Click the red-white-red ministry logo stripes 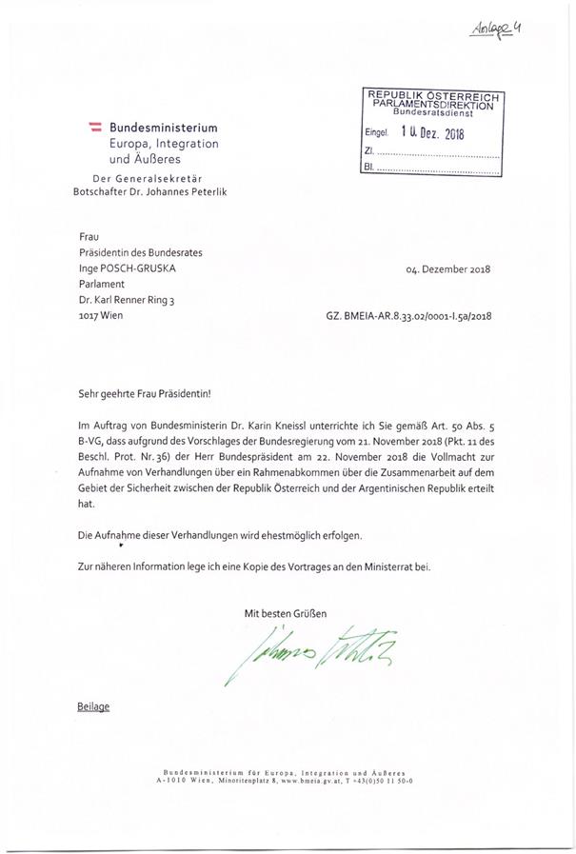(x=95, y=126)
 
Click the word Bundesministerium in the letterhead (x=163, y=127)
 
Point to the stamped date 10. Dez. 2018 (x=431, y=133)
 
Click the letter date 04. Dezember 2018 (x=447, y=268)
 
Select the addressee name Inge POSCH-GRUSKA (x=129, y=268)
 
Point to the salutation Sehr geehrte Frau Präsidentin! (x=144, y=393)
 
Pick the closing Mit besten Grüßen (x=286, y=614)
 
